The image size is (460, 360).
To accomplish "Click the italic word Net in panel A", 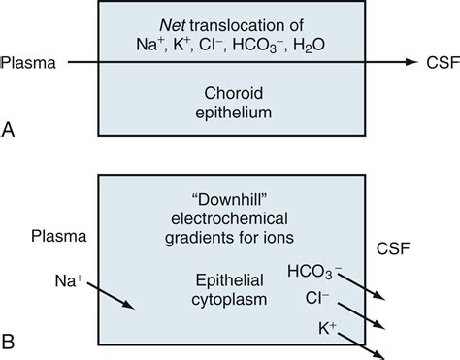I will pos(180,20).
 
